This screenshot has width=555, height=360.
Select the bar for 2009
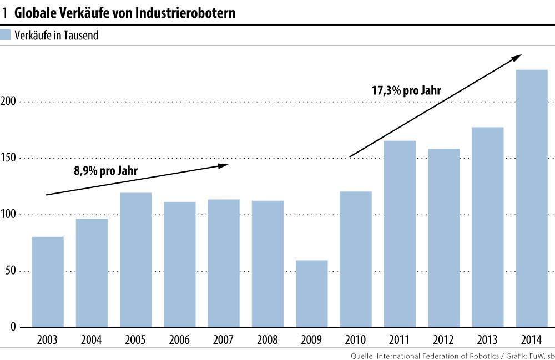[311, 293]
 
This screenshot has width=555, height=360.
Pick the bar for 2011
[400, 234]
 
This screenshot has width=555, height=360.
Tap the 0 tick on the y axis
[12, 327]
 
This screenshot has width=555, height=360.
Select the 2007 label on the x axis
[224, 339]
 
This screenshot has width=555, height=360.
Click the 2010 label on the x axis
[356, 339]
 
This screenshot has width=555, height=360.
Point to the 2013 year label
[487, 339]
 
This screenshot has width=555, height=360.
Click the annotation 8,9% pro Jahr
[105, 171]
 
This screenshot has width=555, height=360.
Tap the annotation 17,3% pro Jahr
[406, 90]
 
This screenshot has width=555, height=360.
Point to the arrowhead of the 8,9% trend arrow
[224, 165]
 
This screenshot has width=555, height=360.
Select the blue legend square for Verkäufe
[6, 36]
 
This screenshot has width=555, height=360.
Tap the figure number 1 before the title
[5, 13]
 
